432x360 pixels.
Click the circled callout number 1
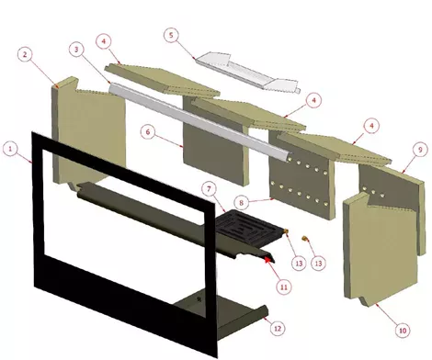click(x=10, y=149)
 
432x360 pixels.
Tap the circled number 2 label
click(x=25, y=55)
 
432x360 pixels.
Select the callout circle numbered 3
click(x=77, y=50)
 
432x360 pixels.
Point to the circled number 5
click(x=171, y=35)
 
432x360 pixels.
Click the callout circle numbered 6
click(x=148, y=132)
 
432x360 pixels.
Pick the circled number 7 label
click(x=210, y=189)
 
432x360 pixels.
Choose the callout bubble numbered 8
click(x=242, y=203)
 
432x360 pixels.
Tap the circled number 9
click(x=420, y=150)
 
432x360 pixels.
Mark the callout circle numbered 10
click(x=403, y=331)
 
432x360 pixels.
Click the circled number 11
click(x=284, y=287)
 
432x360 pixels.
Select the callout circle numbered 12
click(x=278, y=329)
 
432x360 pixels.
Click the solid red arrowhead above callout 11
click(x=268, y=259)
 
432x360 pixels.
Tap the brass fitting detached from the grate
click(x=304, y=238)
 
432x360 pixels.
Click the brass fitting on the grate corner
click(x=286, y=231)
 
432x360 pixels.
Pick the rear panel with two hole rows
click(x=302, y=174)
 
